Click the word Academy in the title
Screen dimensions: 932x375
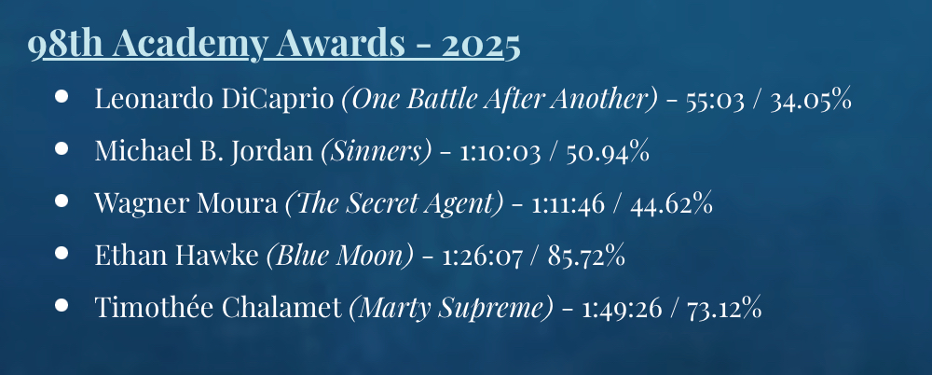[189, 45]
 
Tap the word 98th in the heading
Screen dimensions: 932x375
[66, 44]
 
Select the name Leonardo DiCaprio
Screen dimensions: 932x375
[214, 99]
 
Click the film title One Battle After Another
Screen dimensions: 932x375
[500, 100]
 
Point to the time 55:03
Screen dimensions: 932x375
[715, 101]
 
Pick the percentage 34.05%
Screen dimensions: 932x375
[811, 100]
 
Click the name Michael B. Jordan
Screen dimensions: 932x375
[204, 151]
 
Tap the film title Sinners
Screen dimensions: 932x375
[377, 151]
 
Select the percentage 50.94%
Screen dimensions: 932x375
[607, 152]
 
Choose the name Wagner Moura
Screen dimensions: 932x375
[185, 203]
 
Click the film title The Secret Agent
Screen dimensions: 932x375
[394, 203]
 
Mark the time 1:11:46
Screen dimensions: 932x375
[568, 205]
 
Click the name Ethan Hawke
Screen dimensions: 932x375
[176, 256]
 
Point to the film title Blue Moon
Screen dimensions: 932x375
[339, 256]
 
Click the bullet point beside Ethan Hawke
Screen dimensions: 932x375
[62, 253]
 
